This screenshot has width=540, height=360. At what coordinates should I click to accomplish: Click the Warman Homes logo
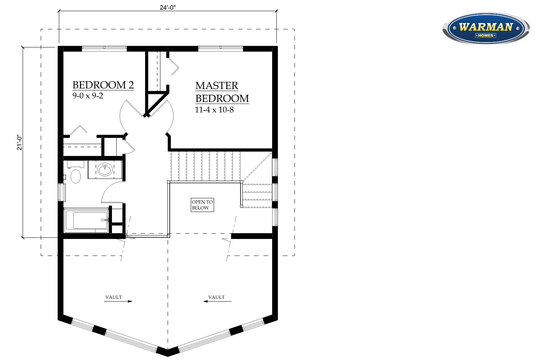click(x=486, y=28)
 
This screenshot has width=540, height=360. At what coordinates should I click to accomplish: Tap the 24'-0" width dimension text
click(x=167, y=8)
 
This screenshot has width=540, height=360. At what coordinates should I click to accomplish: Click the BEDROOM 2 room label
click(x=103, y=85)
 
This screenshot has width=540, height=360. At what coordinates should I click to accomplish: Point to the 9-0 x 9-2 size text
click(x=88, y=96)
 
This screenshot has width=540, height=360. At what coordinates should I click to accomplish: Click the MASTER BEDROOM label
click(x=222, y=92)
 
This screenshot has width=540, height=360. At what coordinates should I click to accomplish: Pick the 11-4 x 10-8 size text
click(x=214, y=110)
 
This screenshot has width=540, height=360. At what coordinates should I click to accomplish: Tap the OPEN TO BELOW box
click(x=202, y=205)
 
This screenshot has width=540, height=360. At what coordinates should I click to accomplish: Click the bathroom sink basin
click(x=105, y=169)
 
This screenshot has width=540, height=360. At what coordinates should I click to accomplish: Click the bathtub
click(x=86, y=220)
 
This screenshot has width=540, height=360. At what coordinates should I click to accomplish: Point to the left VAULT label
click(x=113, y=297)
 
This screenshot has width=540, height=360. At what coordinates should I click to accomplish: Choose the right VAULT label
click(x=216, y=297)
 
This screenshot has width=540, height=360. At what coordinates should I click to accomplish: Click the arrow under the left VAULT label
click(x=118, y=301)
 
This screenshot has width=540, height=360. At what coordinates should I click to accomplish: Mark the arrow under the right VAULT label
click(x=217, y=301)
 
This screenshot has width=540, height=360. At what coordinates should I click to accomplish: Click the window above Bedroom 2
click(x=104, y=49)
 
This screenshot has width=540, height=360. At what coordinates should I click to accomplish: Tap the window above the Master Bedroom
click(x=221, y=49)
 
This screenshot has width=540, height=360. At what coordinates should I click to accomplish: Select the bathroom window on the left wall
click(x=62, y=192)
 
